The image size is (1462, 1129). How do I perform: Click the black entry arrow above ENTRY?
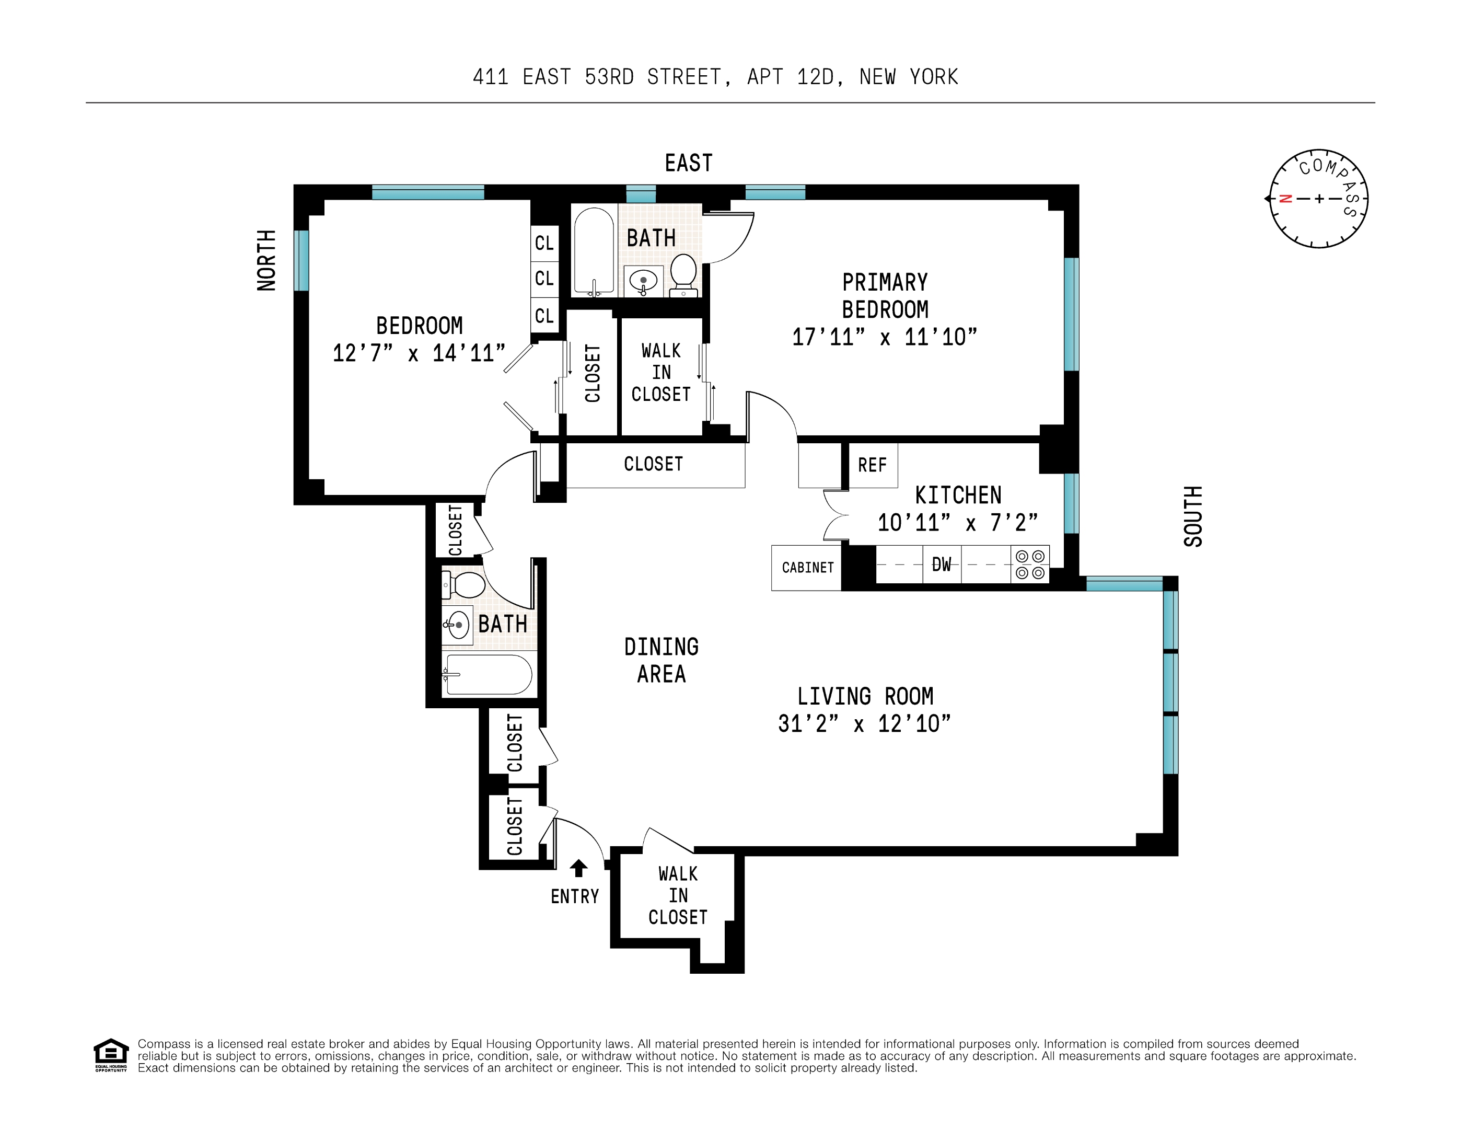(578, 869)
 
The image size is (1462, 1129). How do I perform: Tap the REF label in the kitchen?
(872, 465)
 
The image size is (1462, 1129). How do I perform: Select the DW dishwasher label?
(941, 564)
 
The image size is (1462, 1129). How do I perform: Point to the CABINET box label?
(807, 568)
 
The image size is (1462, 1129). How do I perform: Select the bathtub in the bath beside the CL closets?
(594, 251)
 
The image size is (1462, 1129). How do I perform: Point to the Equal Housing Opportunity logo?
(110, 1055)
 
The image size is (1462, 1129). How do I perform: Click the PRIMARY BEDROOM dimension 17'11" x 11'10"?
(884, 337)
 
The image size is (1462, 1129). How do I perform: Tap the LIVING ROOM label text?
(865, 696)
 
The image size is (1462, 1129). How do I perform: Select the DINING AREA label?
(662, 660)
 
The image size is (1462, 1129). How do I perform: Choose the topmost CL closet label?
(544, 243)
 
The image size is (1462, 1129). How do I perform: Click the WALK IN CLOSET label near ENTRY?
(678, 895)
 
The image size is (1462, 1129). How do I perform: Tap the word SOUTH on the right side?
(1193, 516)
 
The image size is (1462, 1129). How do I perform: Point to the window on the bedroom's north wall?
(302, 260)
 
